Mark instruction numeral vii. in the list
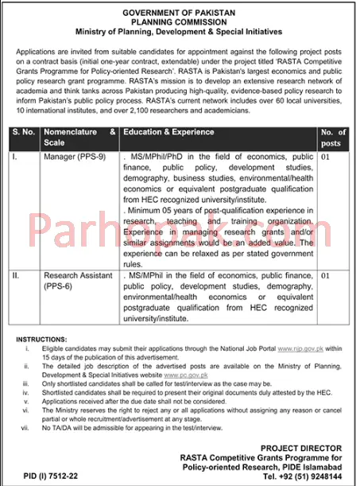point(26,429)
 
